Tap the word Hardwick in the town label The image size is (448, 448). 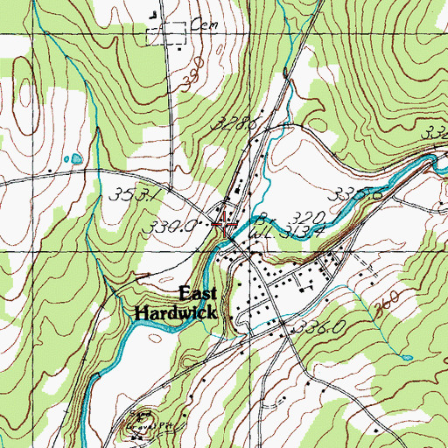pyautogui.click(x=175, y=311)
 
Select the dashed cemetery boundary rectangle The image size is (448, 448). pyautogui.click(x=167, y=33)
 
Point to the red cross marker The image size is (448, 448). pyautogui.click(x=226, y=223)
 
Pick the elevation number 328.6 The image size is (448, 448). pyautogui.click(x=235, y=128)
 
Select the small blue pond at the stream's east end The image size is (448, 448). pyautogui.click(x=407, y=357)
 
